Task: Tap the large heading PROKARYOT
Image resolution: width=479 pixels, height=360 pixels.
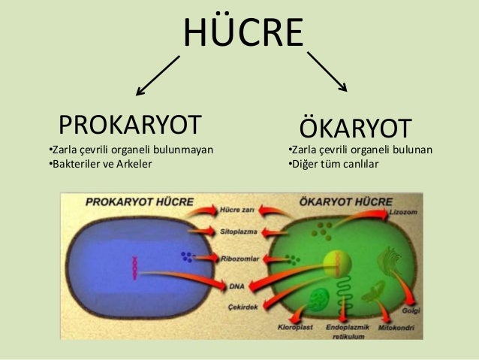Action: (x=131, y=123)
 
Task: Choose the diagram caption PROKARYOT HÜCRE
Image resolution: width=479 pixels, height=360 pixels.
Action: (x=140, y=202)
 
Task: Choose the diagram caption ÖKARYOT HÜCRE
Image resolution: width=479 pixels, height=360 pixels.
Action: (x=345, y=202)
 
